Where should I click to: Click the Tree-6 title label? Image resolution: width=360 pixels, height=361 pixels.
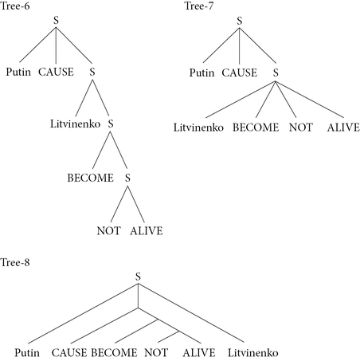pyautogui.click(x=15, y=6)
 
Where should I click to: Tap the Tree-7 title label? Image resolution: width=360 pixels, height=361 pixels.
pyautogui.click(x=199, y=6)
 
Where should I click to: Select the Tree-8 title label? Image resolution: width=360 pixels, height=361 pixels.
pyautogui.click(x=15, y=262)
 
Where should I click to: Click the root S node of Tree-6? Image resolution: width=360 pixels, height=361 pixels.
pyautogui.click(x=56, y=21)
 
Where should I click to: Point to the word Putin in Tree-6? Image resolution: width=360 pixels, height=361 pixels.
pyautogui.click(x=18, y=72)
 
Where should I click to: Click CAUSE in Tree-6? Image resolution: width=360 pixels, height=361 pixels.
pyautogui.click(x=56, y=72)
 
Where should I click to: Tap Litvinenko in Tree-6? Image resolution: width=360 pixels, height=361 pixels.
pyautogui.click(x=76, y=124)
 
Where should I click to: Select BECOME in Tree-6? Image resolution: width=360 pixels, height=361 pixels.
pyautogui.click(x=91, y=178)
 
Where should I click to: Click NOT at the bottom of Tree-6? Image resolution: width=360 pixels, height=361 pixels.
pyautogui.click(x=109, y=230)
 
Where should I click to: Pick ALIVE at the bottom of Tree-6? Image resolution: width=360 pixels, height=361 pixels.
pyautogui.click(x=147, y=230)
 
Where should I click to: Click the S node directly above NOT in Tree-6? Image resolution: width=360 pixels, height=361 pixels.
pyautogui.click(x=127, y=178)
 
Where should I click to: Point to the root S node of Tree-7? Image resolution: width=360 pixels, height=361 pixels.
pyautogui.click(x=240, y=21)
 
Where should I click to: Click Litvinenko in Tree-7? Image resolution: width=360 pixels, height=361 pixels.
pyautogui.click(x=198, y=128)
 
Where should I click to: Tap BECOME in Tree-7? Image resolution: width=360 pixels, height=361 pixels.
pyautogui.click(x=256, y=128)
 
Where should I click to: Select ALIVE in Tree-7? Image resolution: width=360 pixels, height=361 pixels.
pyautogui.click(x=343, y=128)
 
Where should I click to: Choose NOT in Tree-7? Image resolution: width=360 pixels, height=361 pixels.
pyautogui.click(x=301, y=128)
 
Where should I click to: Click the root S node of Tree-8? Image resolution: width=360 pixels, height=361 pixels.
pyautogui.click(x=138, y=277)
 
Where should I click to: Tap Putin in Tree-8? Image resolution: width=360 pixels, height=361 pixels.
pyautogui.click(x=27, y=353)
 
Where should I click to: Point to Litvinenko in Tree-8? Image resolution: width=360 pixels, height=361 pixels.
pyautogui.click(x=253, y=353)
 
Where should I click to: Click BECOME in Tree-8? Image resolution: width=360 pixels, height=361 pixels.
pyautogui.click(x=114, y=353)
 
